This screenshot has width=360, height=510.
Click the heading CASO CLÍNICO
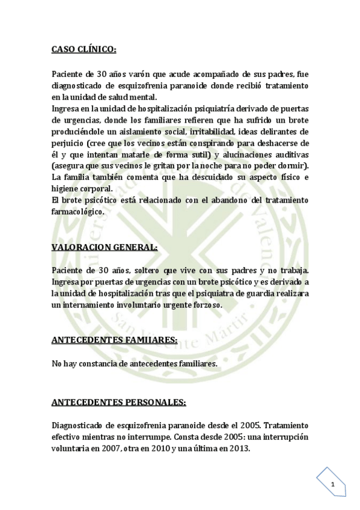[x=84, y=49]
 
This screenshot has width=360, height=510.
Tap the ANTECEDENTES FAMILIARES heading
[x=114, y=341]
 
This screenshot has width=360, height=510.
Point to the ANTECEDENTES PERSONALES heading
[x=118, y=401]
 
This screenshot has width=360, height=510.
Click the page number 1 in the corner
[x=332, y=484]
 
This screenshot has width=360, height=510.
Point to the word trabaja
[x=293, y=271]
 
